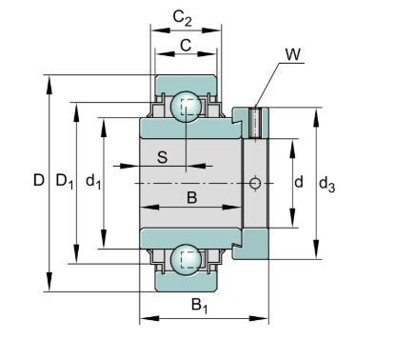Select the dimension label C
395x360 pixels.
[x=186, y=46]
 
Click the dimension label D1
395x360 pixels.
[x=65, y=181]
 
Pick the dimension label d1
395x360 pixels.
[x=92, y=181]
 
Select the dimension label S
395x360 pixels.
[x=162, y=158]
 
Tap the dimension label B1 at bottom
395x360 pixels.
[x=200, y=306]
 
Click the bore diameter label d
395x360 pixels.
[x=298, y=182]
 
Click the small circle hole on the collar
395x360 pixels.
[x=254, y=182]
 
